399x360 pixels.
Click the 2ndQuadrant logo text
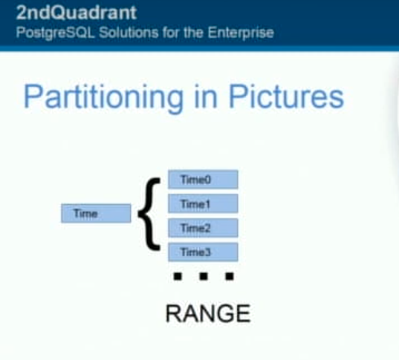(77, 13)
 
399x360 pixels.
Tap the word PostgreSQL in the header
(55, 33)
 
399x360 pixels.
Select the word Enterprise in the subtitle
(241, 33)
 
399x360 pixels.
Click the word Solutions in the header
(129, 32)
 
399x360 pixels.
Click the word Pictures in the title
(286, 96)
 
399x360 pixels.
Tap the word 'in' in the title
(206, 96)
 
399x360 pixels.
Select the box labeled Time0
(203, 180)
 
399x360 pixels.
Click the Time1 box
(203, 203)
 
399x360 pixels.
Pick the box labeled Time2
(203, 228)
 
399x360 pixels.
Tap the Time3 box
(203, 252)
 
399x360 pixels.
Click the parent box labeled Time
(96, 213)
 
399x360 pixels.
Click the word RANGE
(208, 313)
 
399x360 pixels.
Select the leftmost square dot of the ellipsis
(178, 276)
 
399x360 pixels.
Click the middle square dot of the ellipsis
(204, 276)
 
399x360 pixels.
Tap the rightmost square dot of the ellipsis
(230, 276)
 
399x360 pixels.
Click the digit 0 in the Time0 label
(207, 180)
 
